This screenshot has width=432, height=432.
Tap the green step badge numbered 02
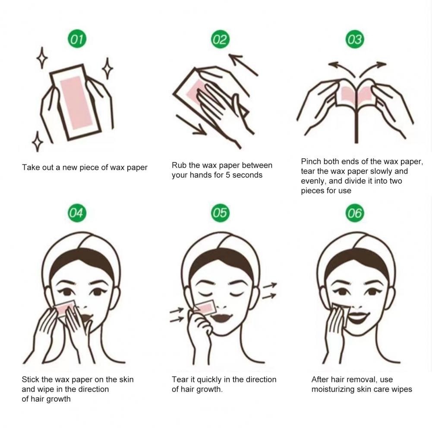pos(219,40)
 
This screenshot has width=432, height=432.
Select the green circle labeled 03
pos(354,40)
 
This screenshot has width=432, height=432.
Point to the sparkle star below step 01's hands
pos(38,142)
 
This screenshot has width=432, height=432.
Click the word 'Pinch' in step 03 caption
pos(311,162)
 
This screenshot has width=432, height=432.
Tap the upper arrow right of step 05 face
pos(270,286)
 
